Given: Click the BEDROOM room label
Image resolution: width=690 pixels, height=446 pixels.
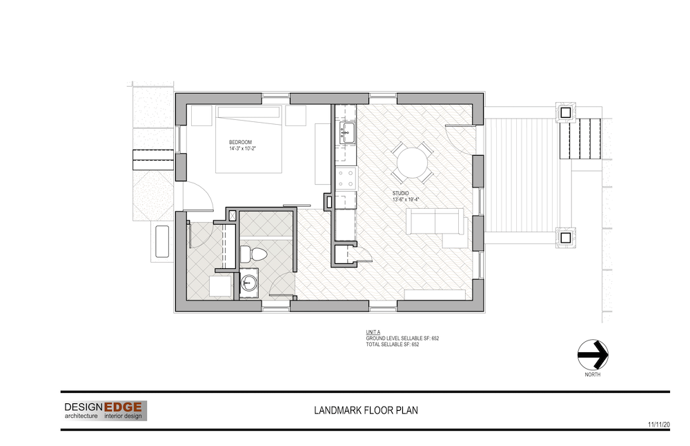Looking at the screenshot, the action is click(240, 143).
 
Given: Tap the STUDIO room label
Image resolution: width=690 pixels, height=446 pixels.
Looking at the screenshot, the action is click(400, 194).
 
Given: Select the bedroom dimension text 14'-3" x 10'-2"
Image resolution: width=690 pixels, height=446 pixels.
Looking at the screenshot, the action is click(242, 149).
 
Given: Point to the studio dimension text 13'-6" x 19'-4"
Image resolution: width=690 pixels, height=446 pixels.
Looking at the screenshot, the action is click(406, 200).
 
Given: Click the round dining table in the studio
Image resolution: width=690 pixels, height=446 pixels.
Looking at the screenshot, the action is click(413, 163).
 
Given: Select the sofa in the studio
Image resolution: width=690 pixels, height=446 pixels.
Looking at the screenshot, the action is click(435, 222).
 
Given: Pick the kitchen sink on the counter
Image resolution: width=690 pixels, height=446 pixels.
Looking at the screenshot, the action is click(348, 132).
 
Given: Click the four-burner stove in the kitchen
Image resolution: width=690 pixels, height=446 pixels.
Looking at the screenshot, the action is click(346, 179).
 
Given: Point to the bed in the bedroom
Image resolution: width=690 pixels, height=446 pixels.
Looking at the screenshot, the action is click(248, 139).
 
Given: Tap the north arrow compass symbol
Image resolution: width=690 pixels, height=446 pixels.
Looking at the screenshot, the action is click(593, 354).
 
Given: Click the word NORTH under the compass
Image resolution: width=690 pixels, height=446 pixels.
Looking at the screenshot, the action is click(592, 375).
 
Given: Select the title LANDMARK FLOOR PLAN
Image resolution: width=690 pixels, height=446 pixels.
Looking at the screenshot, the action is click(366, 410).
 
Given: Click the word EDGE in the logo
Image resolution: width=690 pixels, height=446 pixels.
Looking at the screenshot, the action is click(123, 407).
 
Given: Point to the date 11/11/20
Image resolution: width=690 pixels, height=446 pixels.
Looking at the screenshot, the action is click(659, 425).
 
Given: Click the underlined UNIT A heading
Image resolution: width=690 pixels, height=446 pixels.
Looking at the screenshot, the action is click(373, 332).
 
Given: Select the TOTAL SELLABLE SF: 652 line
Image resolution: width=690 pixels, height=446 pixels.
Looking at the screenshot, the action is click(393, 345).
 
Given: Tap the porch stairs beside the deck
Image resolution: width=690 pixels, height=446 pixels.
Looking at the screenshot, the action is click(580, 139).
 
